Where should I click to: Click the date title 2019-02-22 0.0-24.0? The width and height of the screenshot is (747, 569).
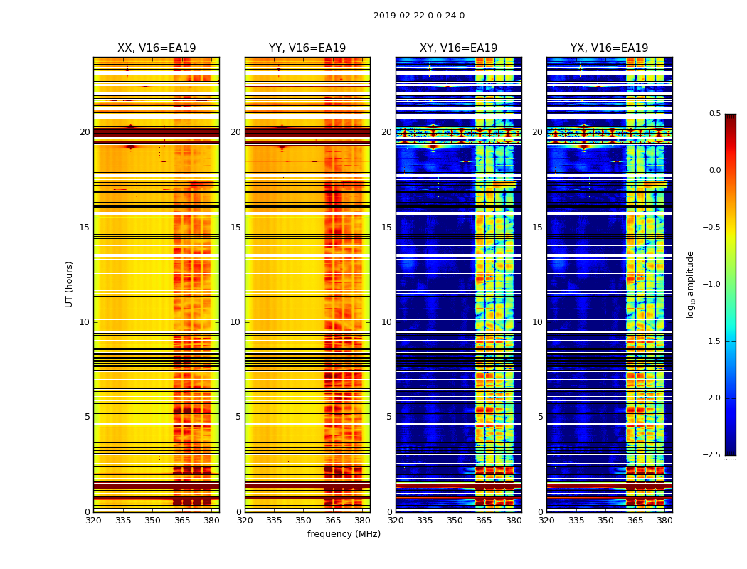pyautogui.click(x=419, y=16)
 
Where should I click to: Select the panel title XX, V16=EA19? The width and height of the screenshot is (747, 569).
pyautogui.click(x=157, y=48)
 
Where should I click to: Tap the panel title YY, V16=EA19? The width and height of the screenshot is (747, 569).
pyautogui.click(x=307, y=48)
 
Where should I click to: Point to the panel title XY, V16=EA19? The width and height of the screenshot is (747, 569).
pyautogui.click(x=459, y=48)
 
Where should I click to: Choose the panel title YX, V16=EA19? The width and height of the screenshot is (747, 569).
pyautogui.click(x=610, y=48)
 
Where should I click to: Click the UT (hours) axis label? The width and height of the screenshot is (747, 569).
pyautogui.click(x=70, y=284)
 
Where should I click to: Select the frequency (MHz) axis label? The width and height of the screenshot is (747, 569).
pyautogui.click(x=344, y=534)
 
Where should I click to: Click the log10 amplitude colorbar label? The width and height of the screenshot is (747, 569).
pyautogui.click(x=690, y=284)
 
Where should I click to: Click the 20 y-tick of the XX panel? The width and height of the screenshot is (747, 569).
pyautogui.click(x=85, y=132)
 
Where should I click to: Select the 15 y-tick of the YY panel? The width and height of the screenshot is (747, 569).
pyautogui.click(x=235, y=228)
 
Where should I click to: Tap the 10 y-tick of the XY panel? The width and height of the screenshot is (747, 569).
pyautogui.click(x=386, y=322)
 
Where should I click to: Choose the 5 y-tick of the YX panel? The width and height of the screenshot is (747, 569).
pyautogui.click(x=541, y=417)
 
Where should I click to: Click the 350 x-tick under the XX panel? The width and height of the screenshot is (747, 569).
pyautogui.click(x=152, y=521)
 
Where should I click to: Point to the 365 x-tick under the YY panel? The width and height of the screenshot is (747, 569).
pyautogui.click(x=333, y=521)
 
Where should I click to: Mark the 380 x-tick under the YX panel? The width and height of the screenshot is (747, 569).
pyautogui.click(x=664, y=521)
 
